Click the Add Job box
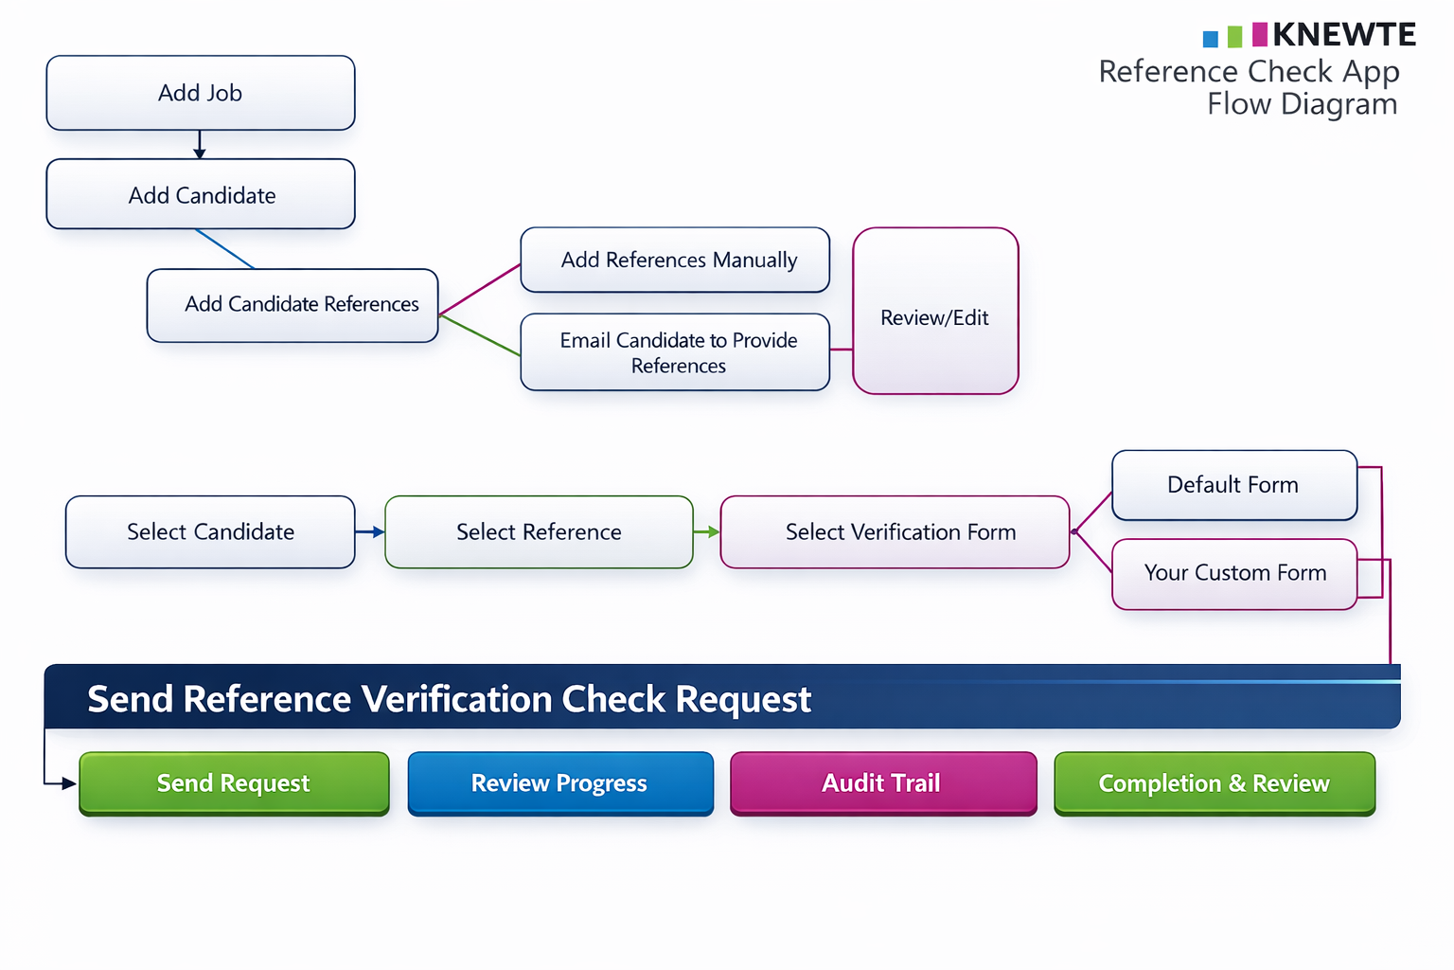[x=201, y=93]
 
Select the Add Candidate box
[x=201, y=194]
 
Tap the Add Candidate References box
[x=293, y=305]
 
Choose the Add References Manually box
[x=675, y=260]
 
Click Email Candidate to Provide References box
[x=675, y=352]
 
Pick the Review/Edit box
[x=935, y=311]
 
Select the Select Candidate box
[x=210, y=532]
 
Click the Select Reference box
[x=539, y=532]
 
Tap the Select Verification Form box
[x=895, y=532]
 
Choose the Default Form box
[x=1233, y=485]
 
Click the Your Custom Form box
[x=1234, y=574]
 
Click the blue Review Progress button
[x=560, y=783]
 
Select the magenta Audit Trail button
[x=883, y=783]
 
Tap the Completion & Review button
[x=1215, y=783]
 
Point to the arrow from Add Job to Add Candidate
[x=200, y=145]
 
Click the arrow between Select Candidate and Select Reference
[x=370, y=532]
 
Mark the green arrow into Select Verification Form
[x=707, y=532]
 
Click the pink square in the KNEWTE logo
[x=1260, y=35]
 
